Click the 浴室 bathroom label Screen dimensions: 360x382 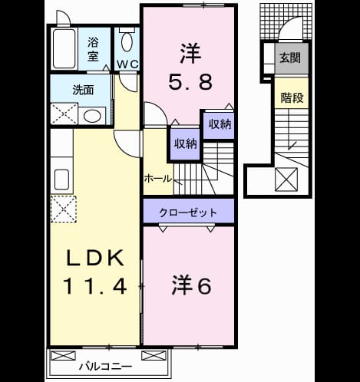[93, 49]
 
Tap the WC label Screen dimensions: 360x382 [127, 64]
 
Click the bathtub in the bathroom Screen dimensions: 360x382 [64, 48]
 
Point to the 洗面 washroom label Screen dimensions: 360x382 [83, 90]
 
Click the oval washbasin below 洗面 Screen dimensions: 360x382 [92, 116]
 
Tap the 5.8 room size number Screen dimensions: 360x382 [190, 81]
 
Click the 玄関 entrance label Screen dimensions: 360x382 [290, 58]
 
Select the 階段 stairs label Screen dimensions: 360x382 [292, 97]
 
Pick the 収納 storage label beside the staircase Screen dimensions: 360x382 [220, 124]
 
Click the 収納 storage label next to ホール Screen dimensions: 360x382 [186, 144]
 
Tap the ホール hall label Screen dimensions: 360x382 [158, 179]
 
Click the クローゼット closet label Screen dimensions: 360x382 [188, 212]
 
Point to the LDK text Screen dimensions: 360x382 [95, 258]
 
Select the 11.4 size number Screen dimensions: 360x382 [95, 286]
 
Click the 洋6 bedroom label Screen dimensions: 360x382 [192, 285]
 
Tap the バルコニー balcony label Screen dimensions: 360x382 [105, 367]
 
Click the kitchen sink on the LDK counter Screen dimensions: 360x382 [61, 179]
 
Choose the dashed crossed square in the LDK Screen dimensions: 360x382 [64, 209]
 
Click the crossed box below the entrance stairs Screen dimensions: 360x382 [286, 179]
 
